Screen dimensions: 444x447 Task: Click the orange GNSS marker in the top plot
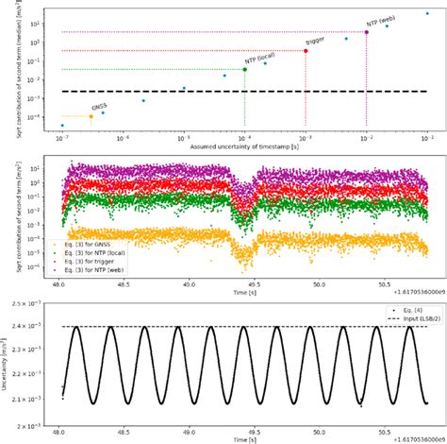click(91, 116)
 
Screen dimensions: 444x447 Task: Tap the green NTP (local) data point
click(245, 69)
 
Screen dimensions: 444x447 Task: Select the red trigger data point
click(306, 51)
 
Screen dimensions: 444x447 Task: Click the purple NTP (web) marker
click(366, 32)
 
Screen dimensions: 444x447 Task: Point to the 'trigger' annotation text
click(315, 42)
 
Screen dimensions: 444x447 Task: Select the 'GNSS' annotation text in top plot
click(99, 107)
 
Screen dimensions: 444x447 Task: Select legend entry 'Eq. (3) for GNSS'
click(91, 243)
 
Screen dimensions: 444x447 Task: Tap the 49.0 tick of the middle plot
click(189, 282)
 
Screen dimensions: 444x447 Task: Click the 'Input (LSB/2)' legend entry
click(395, 318)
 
